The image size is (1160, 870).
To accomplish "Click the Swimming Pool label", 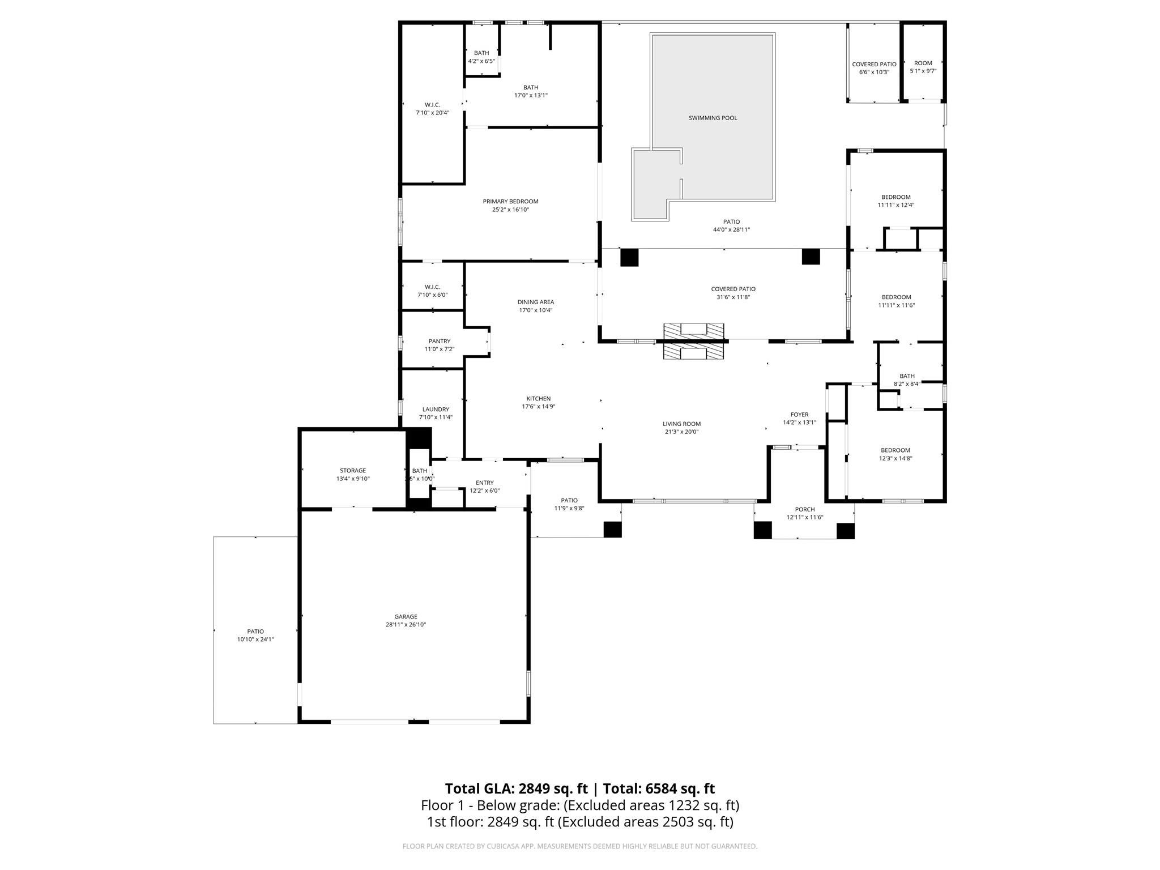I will [x=713, y=118].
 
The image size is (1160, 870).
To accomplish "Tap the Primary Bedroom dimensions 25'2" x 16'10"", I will [x=510, y=210].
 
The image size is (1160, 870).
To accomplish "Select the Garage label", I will [x=406, y=617].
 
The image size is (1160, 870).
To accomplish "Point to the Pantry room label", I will [x=439, y=341].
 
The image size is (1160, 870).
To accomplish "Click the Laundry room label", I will [x=436, y=410].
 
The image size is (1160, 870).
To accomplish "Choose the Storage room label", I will [x=352, y=471].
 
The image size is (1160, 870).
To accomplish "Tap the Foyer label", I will [x=799, y=415].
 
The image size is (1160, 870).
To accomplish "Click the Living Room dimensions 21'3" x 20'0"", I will [x=681, y=432].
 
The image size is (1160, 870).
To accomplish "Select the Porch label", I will [x=804, y=509].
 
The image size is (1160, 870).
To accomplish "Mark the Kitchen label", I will [x=538, y=399].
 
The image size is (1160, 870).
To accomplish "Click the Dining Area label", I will [x=535, y=302].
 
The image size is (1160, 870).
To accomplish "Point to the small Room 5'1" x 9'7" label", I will [x=923, y=63].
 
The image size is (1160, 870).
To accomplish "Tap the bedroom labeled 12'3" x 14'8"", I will [x=895, y=450].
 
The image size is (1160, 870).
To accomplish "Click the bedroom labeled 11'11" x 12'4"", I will [x=895, y=197].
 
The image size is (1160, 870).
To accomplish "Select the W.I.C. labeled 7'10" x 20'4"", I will [x=432, y=105].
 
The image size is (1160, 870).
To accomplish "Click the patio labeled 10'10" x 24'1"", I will [x=255, y=632].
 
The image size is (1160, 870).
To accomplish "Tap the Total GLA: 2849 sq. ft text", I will [x=516, y=788].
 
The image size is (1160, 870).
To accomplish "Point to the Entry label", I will [x=484, y=483].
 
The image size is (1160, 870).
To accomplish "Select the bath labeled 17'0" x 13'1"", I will [x=530, y=87].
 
